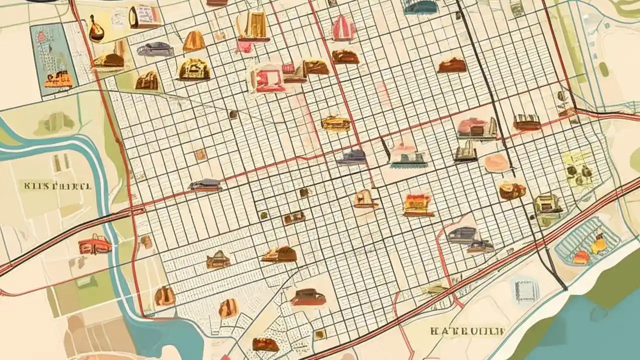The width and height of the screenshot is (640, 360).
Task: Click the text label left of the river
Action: pos(58,186)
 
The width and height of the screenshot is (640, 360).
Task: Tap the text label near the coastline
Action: pos(468,331)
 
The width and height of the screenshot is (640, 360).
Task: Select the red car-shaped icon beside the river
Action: pos(94,244)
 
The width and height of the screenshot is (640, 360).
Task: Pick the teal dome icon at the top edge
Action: pos(421,6)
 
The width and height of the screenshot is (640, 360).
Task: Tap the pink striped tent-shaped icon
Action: pos(344,28)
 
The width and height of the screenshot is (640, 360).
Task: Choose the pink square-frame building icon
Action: pos(270,80)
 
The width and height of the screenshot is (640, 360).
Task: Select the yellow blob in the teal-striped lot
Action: pos(598,244)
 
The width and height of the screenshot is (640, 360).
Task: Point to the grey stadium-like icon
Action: pos(155,49)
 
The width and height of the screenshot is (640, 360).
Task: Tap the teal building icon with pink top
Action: pos(408,154)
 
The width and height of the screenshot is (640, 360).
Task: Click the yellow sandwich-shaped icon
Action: pos(335,123)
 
